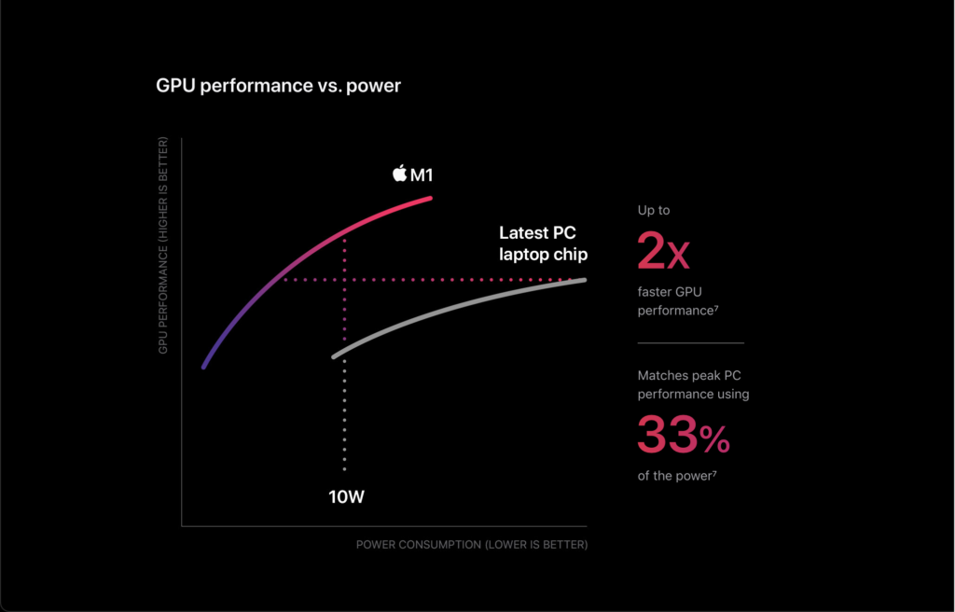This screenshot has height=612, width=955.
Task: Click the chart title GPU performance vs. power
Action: pyautogui.click(x=278, y=86)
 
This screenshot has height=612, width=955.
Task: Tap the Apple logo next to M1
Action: pyautogui.click(x=399, y=174)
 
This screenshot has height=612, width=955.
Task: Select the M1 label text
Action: pyautogui.click(x=422, y=175)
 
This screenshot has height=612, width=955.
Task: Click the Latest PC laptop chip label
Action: pyautogui.click(x=544, y=243)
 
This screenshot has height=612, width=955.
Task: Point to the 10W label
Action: pyautogui.click(x=347, y=497)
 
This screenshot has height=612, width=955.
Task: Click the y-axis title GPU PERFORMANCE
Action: pyautogui.click(x=163, y=245)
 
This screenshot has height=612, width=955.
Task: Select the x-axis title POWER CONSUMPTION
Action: pyautogui.click(x=472, y=544)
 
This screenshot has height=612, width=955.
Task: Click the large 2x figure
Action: pyautogui.click(x=663, y=251)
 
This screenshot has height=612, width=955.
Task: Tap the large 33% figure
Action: pyautogui.click(x=684, y=435)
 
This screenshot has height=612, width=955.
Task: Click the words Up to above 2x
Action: pyautogui.click(x=654, y=210)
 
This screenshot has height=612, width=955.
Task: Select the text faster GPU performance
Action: pyautogui.click(x=678, y=301)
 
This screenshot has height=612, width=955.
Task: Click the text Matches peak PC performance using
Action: pyautogui.click(x=693, y=384)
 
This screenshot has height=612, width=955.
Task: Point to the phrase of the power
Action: pyautogui.click(x=677, y=476)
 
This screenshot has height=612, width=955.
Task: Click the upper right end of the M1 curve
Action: pyautogui.click(x=431, y=198)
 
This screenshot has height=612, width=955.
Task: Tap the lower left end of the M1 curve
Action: pyautogui.click(x=203, y=367)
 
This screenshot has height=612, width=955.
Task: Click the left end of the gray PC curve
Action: pyautogui.click(x=334, y=356)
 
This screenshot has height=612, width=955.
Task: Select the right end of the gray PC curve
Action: pyautogui.click(x=585, y=280)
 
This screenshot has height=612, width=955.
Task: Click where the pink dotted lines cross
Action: pyautogui.click(x=345, y=280)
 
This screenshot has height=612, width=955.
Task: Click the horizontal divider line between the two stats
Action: pyautogui.click(x=691, y=343)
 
